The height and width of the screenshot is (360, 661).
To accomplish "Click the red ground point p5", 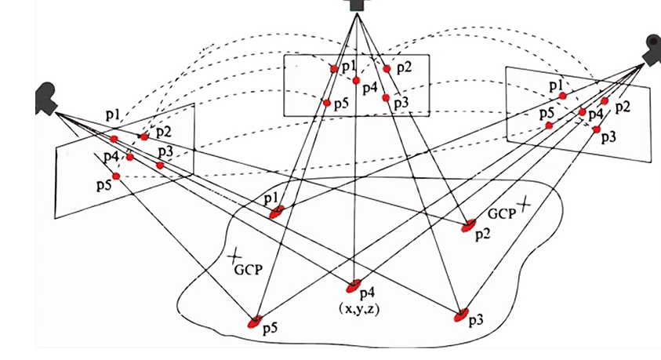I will (255, 322).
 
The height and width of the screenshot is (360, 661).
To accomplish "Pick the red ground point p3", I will (461, 315).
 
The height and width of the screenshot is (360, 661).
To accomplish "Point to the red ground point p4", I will (354, 285).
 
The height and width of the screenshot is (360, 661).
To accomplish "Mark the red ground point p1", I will (276, 211).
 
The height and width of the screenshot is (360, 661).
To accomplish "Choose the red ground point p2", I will (469, 227).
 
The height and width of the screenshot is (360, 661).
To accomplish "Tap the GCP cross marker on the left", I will (234, 256).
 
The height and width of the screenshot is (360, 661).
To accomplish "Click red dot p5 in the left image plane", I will (116, 176).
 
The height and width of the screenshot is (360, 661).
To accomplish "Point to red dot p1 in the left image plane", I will (114, 140).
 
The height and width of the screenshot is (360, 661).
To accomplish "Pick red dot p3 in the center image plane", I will (387, 98).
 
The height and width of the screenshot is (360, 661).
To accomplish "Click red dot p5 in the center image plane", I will (326, 103).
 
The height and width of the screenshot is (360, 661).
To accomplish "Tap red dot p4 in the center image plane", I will (356, 81).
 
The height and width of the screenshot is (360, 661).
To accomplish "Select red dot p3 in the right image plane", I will (597, 129).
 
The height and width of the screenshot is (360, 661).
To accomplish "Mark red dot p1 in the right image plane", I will (562, 96).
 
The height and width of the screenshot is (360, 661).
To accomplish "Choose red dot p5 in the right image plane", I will (549, 125).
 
